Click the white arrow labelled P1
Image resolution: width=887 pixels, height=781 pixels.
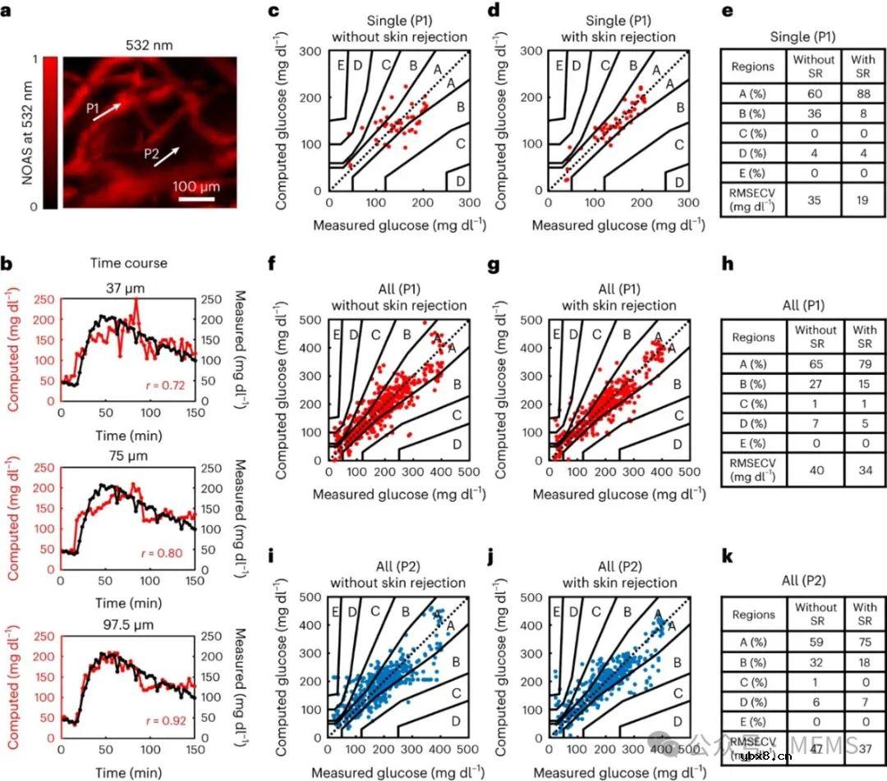coord(108,112)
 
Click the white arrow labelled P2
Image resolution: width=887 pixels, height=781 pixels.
coord(168,157)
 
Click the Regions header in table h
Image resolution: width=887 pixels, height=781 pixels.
coord(753,336)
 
